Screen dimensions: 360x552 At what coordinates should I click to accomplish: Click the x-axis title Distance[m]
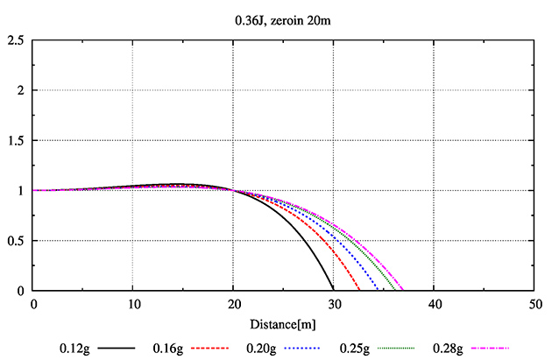283,326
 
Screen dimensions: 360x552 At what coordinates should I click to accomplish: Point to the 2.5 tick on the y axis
15,40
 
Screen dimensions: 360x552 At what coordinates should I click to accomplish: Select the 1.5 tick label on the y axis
15,140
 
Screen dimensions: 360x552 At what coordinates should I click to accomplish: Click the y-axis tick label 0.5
15,241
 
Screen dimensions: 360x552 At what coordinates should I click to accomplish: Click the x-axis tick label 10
133,305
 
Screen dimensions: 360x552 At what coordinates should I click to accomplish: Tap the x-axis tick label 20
234,305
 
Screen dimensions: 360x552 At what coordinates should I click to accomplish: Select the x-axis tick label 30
334,305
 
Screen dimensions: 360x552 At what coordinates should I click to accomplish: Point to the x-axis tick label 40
435,305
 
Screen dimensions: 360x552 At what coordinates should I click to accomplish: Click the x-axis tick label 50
534,305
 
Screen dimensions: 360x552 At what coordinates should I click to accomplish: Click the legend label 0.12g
75,348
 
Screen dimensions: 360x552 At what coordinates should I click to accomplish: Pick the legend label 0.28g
447,348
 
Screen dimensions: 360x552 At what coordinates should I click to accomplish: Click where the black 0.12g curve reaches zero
333,290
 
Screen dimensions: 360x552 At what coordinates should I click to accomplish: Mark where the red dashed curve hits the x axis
360,290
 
